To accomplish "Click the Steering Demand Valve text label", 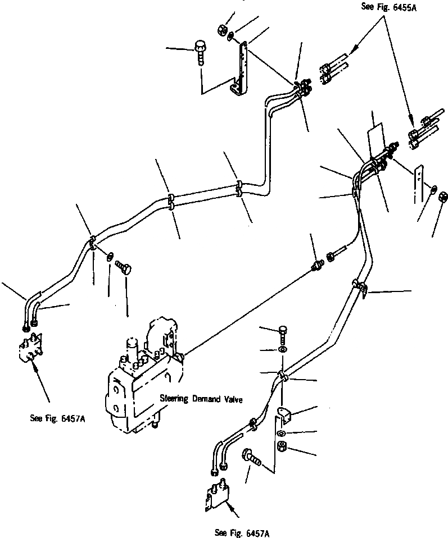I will click(x=201, y=399).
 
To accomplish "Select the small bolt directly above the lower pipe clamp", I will click(x=282, y=334).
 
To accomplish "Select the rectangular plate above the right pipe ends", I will click(x=374, y=138).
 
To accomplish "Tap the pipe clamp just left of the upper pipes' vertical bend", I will click(x=239, y=188).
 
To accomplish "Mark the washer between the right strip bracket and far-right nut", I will click(x=433, y=189).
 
